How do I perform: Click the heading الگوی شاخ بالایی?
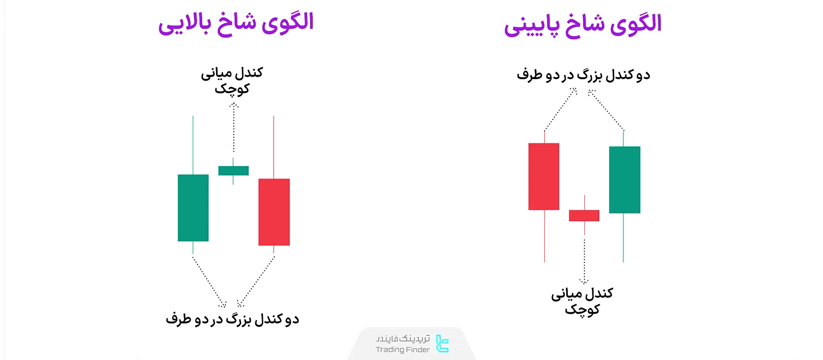[x=236, y=23]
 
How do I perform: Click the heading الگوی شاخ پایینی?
[x=582, y=25]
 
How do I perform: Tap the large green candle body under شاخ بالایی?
[x=193, y=208]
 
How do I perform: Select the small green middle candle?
[x=234, y=171]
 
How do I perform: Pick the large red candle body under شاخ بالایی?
[x=274, y=212]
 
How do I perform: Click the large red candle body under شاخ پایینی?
[x=544, y=176]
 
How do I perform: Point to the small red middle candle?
[x=584, y=215]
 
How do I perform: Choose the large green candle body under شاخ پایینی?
[x=624, y=179]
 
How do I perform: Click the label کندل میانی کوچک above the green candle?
[x=232, y=81]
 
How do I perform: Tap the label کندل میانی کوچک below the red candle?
[x=582, y=301]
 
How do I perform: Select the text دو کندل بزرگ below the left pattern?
[x=232, y=319]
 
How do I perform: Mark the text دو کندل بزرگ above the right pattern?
[x=583, y=75]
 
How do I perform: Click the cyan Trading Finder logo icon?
[x=442, y=344]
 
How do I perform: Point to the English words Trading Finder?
[x=402, y=350]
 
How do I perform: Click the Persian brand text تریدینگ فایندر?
[x=402, y=338]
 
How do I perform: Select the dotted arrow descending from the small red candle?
[x=584, y=260]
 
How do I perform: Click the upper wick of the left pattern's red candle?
[x=274, y=147]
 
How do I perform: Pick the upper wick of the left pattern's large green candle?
[x=193, y=145]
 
